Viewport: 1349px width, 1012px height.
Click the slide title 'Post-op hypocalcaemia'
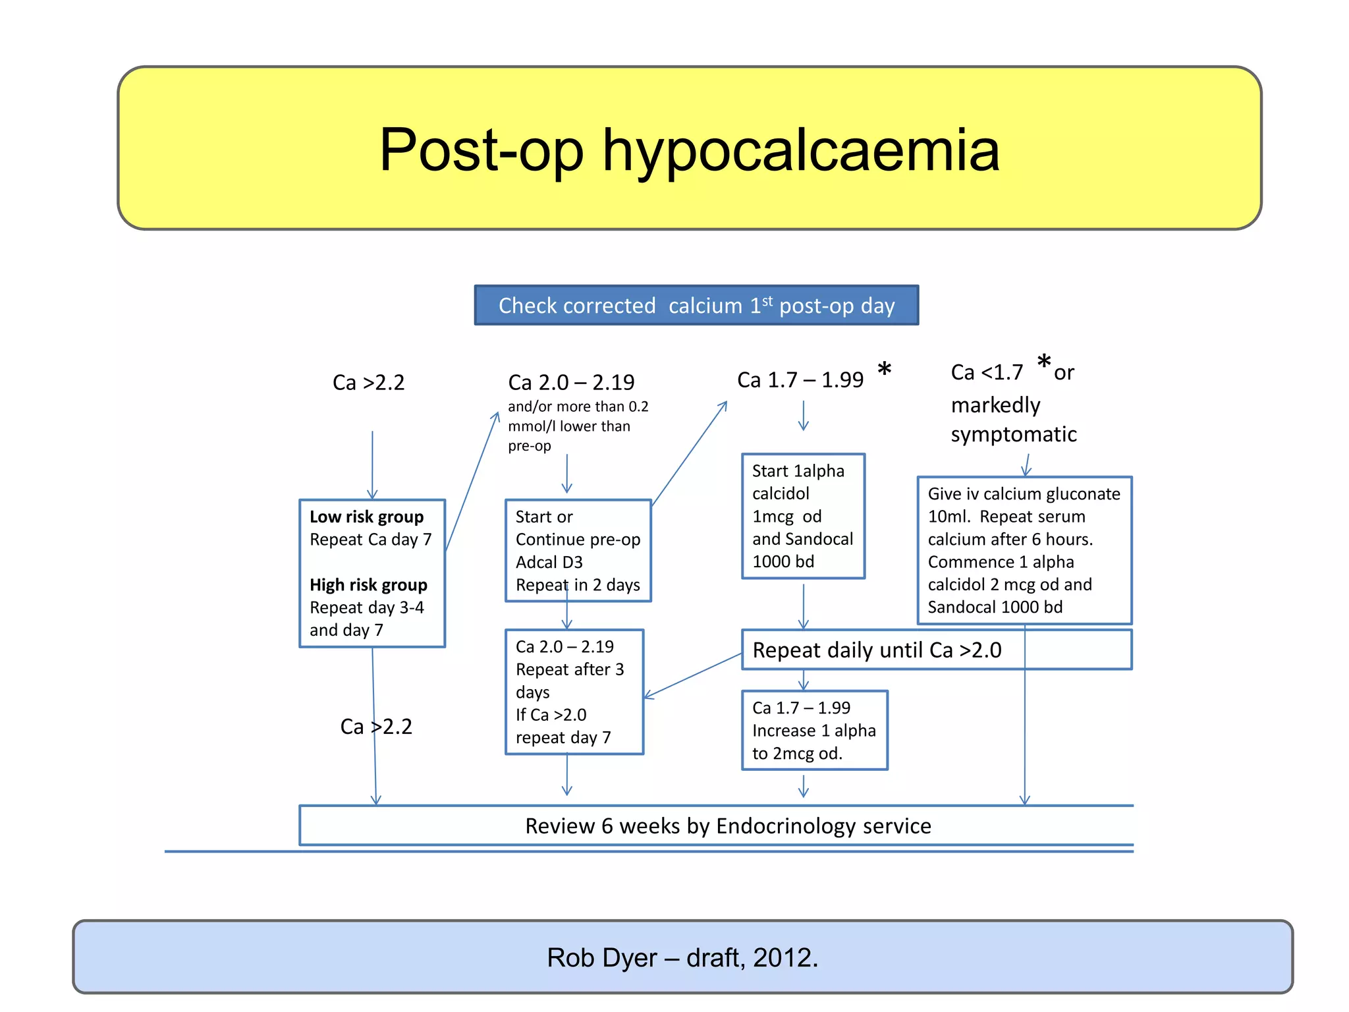(689, 150)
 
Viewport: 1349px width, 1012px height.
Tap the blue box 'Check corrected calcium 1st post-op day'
(696, 306)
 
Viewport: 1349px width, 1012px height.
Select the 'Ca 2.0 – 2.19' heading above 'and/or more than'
(571, 382)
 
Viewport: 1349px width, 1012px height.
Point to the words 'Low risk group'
(366, 517)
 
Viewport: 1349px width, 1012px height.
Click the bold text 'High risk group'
(368, 585)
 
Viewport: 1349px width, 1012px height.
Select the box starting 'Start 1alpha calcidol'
(802, 516)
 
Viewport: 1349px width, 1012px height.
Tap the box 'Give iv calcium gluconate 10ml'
(1024, 550)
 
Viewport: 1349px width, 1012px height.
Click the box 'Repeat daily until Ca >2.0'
(935, 650)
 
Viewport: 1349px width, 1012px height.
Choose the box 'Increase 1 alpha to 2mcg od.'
(814, 731)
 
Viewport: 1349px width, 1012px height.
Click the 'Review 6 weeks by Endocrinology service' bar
(727, 826)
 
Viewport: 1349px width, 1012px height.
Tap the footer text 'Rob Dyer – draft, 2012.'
(682, 958)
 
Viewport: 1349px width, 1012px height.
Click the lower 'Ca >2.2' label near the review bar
(376, 727)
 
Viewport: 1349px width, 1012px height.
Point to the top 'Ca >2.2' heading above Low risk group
(368, 383)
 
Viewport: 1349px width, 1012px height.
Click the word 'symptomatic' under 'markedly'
(1014, 435)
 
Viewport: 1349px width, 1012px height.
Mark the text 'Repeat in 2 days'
(578, 585)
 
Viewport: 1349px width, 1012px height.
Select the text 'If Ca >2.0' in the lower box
(551, 715)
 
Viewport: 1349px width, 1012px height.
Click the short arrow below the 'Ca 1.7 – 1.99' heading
(803, 416)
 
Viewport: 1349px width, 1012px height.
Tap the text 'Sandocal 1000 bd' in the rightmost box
(995, 607)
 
